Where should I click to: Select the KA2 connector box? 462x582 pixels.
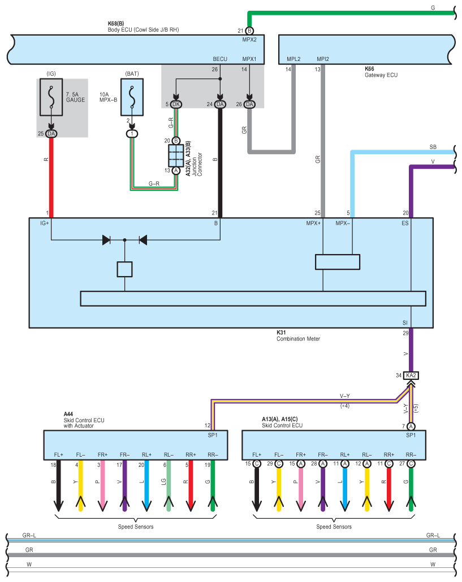pos(411,375)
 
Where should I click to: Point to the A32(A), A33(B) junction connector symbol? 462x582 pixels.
pos(175,155)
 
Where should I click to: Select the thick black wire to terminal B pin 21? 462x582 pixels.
pos(220,164)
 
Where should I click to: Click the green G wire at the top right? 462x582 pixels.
pos(351,12)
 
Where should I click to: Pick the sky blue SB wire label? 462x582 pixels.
pos(433,147)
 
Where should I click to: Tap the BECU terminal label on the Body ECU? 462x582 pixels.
pos(220,59)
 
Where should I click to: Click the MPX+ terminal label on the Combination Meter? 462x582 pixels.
pos(313,223)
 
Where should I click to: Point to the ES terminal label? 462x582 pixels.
pos(405,223)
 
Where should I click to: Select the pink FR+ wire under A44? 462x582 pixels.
pos(102,483)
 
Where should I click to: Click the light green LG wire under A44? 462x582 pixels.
pos(169,483)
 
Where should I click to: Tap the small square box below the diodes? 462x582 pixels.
pos(124,269)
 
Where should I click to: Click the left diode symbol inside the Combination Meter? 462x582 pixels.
pos(106,240)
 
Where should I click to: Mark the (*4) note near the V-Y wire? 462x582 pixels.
pos(345,406)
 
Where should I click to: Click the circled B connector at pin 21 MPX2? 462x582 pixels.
pos(249,30)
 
